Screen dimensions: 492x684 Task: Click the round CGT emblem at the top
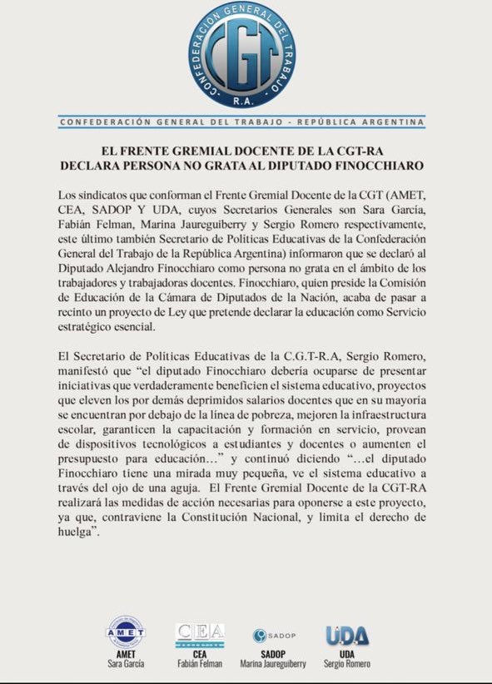click(x=241, y=55)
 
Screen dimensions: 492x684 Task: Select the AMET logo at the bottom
click(x=124, y=632)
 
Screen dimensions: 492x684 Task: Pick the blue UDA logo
click(x=347, y=636)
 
